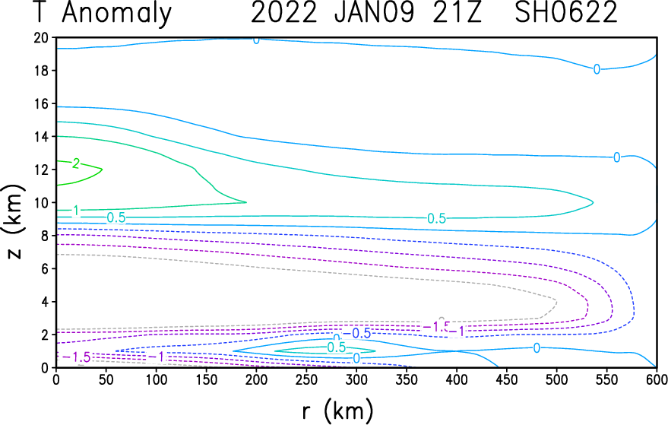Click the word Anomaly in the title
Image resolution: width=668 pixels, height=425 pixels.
(x=117, y=13)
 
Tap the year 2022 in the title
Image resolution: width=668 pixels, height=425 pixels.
(x=283, y=12)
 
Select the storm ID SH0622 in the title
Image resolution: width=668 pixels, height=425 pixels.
(x=566, y=12)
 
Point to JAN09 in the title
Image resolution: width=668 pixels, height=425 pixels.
(x=375, y=12)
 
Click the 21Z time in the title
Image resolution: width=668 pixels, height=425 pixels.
(x=457, y=12)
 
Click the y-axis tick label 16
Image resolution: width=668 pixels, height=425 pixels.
(x=41, y=103)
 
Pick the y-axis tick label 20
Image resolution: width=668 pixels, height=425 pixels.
(x=41, y=38)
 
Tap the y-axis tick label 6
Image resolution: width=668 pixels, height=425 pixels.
(x=45, y=268)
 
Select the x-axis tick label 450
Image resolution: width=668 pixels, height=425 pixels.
(x=507, y=379)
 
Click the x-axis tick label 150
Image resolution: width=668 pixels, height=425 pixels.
(x=206, y=379)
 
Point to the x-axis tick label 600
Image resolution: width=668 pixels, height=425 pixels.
(x=656, y=379)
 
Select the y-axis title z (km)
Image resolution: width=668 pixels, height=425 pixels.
(x=14, y=221)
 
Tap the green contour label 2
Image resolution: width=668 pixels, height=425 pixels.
(x=76, y=163)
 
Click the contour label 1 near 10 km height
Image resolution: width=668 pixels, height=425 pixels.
(x=76, y=211)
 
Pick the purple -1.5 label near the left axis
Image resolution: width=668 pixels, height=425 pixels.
(x=77, y=357)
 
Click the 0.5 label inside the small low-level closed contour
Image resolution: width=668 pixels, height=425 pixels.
(x=336, y=347)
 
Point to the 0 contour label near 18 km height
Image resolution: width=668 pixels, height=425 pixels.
(x=597, y=69)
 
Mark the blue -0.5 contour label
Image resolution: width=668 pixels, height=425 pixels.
(x=356, y=333)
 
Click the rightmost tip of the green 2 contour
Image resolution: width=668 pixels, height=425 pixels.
(x=103, y=170)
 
